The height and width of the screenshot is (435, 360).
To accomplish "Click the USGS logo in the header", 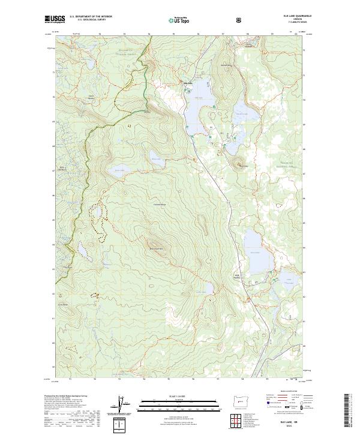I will tap(55, 20).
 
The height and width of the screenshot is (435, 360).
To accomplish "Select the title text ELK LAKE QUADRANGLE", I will tap(286, 16).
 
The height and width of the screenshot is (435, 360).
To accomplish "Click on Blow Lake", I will tap(155, 160).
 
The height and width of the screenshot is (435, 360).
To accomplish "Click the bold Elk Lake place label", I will tap(188, 83).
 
